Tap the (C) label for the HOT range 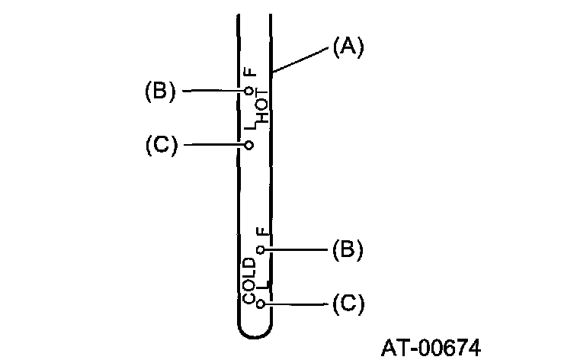click(161, 144)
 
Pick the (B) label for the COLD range click(348, 249)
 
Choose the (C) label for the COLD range click(348, 304)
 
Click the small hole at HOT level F click(249, 91)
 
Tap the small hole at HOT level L click(249, 144)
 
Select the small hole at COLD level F click(261, 249)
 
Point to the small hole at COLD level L click(261, 304)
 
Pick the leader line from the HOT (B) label click(213, 91)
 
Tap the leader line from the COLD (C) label click(297, 304)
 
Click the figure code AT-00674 click(431, 347)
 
